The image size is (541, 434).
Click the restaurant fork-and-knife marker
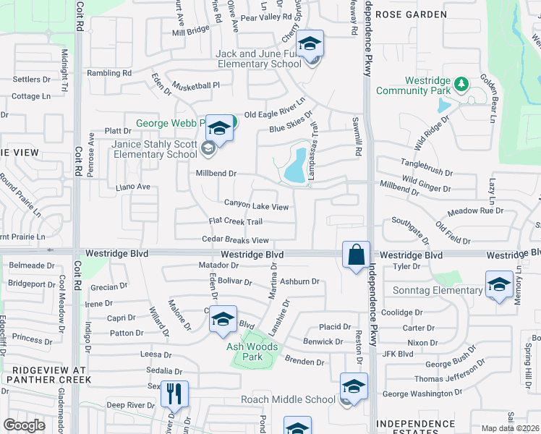pyautogui.click(x=174, y=395)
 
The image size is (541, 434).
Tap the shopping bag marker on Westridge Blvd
pyautogui.click(x=356, y=255)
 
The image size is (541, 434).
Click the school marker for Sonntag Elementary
pyautogui.click(x=498, y=285)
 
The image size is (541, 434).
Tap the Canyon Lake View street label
pyautogui.click(x=256, y=206)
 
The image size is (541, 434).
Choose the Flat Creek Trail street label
pyautogui.click(x=235, y=221)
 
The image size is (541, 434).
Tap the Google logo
pyautogui.click(x=25, y=425)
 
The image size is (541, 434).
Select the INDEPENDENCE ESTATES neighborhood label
pyautogui.click(x=422, y=423)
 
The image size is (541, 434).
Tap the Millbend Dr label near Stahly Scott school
pyautogui.click(x=217, y=174)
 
